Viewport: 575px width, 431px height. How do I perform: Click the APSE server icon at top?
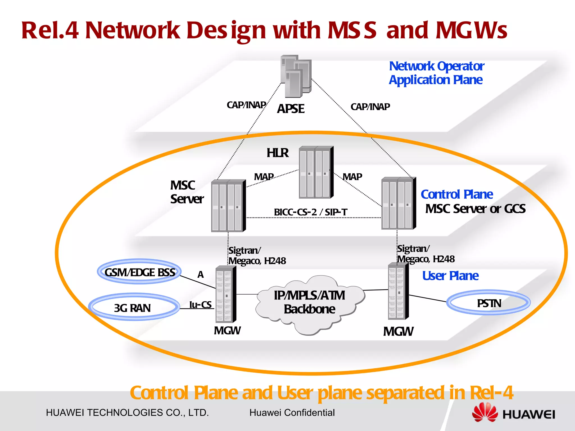[x=296, y=76]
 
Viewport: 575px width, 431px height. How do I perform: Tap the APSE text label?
[x=291, y=109]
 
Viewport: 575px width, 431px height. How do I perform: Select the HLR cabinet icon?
[x=316, y=172]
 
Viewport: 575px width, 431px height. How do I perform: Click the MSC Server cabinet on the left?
[x=228, y=206]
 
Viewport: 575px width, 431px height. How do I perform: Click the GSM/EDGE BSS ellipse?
[x=140, y=272]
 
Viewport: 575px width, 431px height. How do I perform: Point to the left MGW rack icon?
[x=225, y=295]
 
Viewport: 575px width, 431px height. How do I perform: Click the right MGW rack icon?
[x=398, y=292]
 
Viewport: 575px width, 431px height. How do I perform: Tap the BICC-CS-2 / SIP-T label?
[x=310, y=212]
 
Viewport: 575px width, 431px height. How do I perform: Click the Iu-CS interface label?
[x=200, y=305]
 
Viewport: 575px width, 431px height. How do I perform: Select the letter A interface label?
[x=200, y=274]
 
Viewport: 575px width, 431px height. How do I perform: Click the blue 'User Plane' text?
[x=450, y=276]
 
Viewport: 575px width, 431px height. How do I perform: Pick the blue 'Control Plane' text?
[x=457, y=194]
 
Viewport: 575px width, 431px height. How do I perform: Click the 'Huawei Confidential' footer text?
[x=292, y=413]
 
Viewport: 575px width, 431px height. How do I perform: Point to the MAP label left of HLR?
[x=264, y=177]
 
